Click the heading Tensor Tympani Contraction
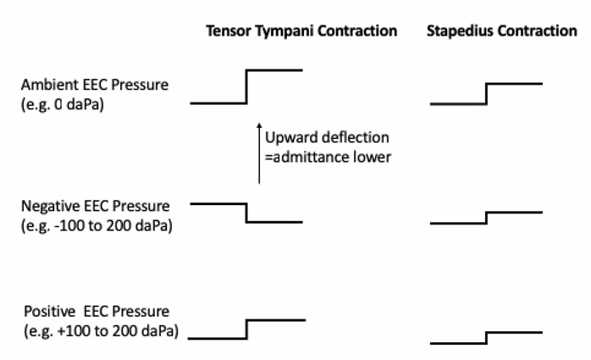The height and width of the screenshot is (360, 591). pyautogui.click(x=301, y=31)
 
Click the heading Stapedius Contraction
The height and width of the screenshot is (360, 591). pyautogui.click(x=501, y=30)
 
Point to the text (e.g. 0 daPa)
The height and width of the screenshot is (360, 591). pyautogui.click(x=62, y=104)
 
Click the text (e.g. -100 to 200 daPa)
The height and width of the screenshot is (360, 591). pyautogui.click(x=97, y=225)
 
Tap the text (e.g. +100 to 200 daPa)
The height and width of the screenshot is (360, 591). pyautogui.click(x=101, y=331)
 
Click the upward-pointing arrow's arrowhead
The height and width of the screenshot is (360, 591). pyautogui.click(x=259, y=125)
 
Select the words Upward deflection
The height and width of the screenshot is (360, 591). pyautogui.click(x=327, y=137)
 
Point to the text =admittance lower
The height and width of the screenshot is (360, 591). pyautogui.click(x=328, y=157)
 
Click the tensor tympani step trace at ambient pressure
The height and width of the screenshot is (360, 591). pyautogui.click(x=246, y=86)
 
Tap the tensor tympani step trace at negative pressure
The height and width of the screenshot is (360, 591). pyautogui.click(x=246, y=213)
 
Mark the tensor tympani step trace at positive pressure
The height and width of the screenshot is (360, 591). pyautogui.click(x=246, y=330)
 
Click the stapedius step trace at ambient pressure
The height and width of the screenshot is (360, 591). pyautogui.click(x=486, y=93)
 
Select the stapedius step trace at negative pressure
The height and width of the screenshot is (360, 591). pyautogui.click(x=486, y=218)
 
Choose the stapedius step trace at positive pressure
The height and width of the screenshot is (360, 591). pyautogui.click(x=486, y=338)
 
